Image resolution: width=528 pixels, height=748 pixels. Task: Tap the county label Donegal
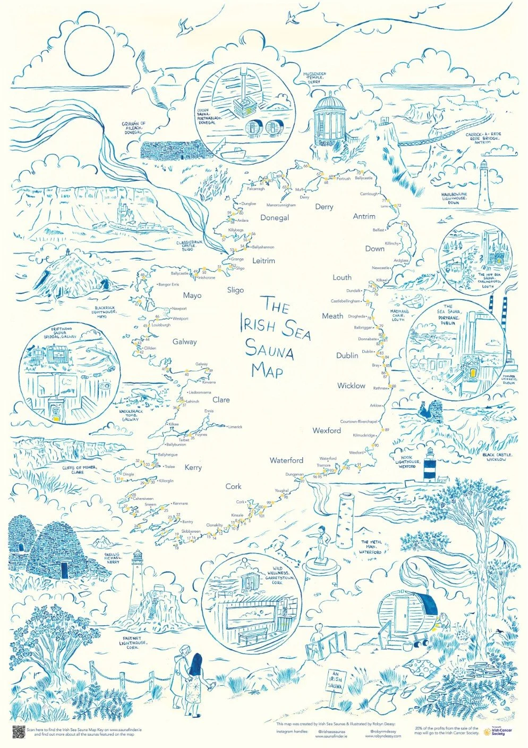(274, 218)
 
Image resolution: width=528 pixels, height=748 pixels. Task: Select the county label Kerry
(193, 468)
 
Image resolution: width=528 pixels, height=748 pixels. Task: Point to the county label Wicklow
(351, 385)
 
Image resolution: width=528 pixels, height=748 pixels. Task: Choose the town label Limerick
(235, 427)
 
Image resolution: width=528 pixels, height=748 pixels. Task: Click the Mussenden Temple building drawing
(330, 117)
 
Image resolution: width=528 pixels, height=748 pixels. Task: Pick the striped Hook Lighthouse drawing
(429, 469)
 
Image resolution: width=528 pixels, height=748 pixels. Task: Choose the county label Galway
(184, 342)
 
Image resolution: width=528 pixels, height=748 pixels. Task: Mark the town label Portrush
(344, 179)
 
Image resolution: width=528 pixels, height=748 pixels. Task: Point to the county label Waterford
(286, 460)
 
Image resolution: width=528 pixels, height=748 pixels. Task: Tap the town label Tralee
(169, 467)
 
